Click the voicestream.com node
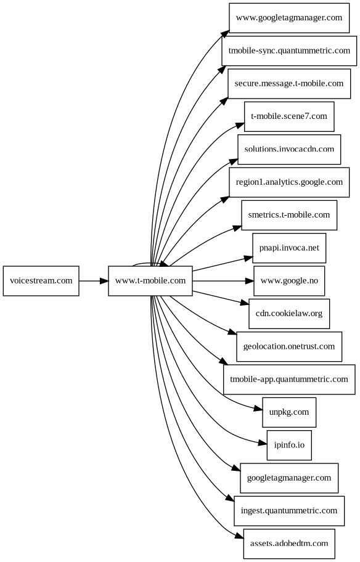point(41,280)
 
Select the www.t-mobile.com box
point(150,280)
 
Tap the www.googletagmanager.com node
point(289,18)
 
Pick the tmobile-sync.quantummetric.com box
point(289,51)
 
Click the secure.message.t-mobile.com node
point(289,84)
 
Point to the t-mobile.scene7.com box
point(289,116)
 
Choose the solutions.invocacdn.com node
point(289,150)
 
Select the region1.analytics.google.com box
point(289,182)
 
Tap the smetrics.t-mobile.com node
point(289,215)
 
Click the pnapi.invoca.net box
point(289,248)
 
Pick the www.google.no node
point(289,280)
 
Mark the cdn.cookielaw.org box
point(289,314)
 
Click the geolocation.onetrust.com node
point(289,346)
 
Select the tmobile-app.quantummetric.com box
point(289,380)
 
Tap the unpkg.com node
point(289,412)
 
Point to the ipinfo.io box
point(289,445)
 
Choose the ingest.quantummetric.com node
point(289,511)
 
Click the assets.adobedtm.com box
point(289,544)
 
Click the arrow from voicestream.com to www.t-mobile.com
point(94,280)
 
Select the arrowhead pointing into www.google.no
point(250,280)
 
